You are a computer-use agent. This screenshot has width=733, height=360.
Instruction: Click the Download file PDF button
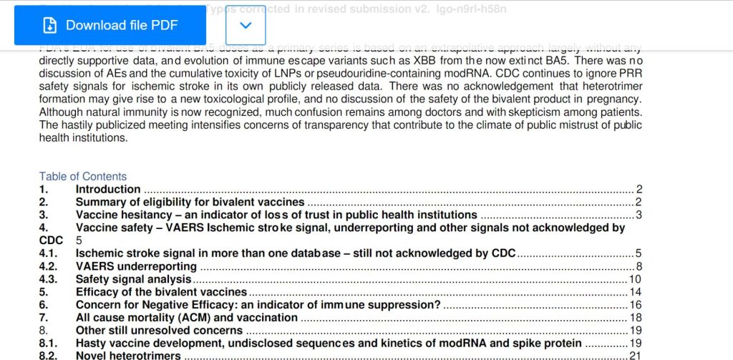[110, 25]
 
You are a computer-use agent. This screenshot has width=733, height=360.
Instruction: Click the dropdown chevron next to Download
[246, 25]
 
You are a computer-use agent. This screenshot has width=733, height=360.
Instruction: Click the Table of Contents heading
[82, 176]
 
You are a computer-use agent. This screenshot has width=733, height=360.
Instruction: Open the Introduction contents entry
[108, 189]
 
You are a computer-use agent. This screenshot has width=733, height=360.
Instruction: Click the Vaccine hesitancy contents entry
[276, 215]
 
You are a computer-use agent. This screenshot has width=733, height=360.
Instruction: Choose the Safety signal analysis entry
[133, 279]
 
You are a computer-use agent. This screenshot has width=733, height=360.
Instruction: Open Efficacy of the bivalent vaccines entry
[161, 292]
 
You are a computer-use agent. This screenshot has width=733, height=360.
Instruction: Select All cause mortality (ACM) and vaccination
[187, 318]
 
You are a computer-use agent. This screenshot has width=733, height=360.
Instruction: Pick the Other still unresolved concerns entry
[159, 331]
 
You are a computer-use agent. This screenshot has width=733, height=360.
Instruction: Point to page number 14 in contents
[636, 292]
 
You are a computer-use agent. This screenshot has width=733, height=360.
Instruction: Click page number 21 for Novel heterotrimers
[636, 356]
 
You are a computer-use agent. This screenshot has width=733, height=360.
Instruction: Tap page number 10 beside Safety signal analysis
[636, 279]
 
